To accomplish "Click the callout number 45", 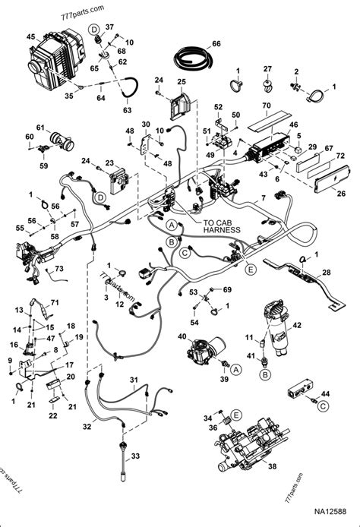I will pos(30,37).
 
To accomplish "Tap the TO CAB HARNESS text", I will pos(222,227).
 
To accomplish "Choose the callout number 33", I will pos(137,456).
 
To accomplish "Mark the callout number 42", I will pos(297,326).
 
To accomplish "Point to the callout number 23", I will pos(109,163).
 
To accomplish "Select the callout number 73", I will pos(58,270).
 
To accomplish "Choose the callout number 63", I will pos(127,110).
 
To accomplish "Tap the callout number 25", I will pos(182,81).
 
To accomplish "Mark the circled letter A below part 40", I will pos(236,368).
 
